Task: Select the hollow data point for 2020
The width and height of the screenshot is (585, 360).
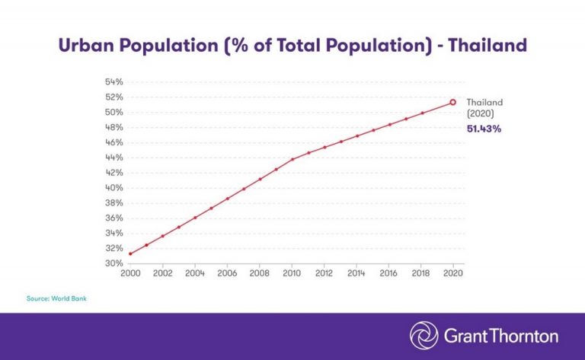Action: click(453, 102)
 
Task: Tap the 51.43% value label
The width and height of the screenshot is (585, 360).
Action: click(484, 129)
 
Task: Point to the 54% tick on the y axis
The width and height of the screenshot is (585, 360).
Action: click(113, 81)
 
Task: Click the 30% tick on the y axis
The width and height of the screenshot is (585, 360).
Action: click(113, 263)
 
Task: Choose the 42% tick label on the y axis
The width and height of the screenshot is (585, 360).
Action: click(113, 173)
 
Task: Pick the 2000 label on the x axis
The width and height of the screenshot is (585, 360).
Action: click(131, 273)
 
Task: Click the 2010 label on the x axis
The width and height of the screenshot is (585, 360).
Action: click(292, 273)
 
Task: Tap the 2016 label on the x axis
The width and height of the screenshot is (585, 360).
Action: click(388, 273)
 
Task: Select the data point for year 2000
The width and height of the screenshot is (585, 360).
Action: click(131, 253)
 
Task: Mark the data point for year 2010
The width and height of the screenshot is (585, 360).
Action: click(292, 159)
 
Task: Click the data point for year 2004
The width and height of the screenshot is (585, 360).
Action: click(195, 218)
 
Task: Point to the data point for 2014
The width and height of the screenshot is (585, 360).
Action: click(356, 136)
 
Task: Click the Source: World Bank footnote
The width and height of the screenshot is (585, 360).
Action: click(58, 298)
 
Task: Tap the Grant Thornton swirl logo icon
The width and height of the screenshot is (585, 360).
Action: click(424, 336)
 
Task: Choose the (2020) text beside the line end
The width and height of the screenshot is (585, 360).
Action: click(480, 113)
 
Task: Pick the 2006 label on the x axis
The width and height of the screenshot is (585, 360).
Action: click(228, 273)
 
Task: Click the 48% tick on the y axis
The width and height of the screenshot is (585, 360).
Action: click(113, 127)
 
